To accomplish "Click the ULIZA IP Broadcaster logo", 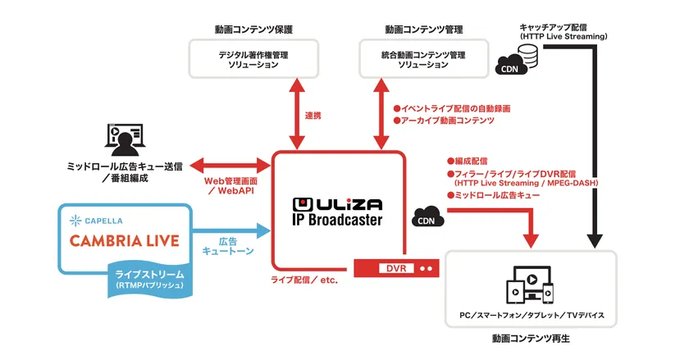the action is pos(337,212).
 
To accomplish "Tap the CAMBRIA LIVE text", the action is pos(125,241).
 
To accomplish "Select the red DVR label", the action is pos(396,268).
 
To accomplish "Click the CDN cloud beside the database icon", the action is pos(510,65).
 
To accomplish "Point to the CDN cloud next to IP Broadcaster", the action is pos(427,216).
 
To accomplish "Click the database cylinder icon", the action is pos(528,57).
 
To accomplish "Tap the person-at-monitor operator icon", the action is pos(125,139).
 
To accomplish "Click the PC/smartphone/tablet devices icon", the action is pos(530,285).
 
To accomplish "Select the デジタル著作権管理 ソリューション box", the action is pos(253,59).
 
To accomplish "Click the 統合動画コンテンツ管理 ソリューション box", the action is pos(423,59).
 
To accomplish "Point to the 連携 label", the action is pos(313,116).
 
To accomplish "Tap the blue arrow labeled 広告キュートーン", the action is pos(231,230).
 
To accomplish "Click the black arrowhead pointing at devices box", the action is pos(595,241).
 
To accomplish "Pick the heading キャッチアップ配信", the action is pos(553,27).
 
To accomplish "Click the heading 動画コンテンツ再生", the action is pos(531,339).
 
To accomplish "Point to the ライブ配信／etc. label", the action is pos(304,280).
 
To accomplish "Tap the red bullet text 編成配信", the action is pos(468,162).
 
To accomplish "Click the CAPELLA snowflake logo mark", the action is pos(75,221).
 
